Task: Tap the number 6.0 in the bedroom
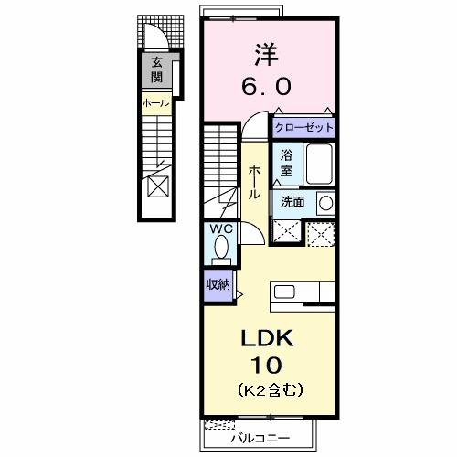click(x=267, y=87)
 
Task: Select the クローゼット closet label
click(x=303, y=128)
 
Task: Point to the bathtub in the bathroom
click(x=319, y=165)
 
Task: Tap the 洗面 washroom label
click(x=292, y=201)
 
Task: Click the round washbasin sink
click(x=324, y=202)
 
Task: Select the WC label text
click(x=221, y=228)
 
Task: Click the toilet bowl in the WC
click(x=221, y=248)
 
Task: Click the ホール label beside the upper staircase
click(x=155, y=103)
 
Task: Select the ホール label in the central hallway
click(x=252, y=183)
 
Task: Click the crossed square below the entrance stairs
click(x=157, y=186)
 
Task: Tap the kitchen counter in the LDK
click(x=303, y=292)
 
